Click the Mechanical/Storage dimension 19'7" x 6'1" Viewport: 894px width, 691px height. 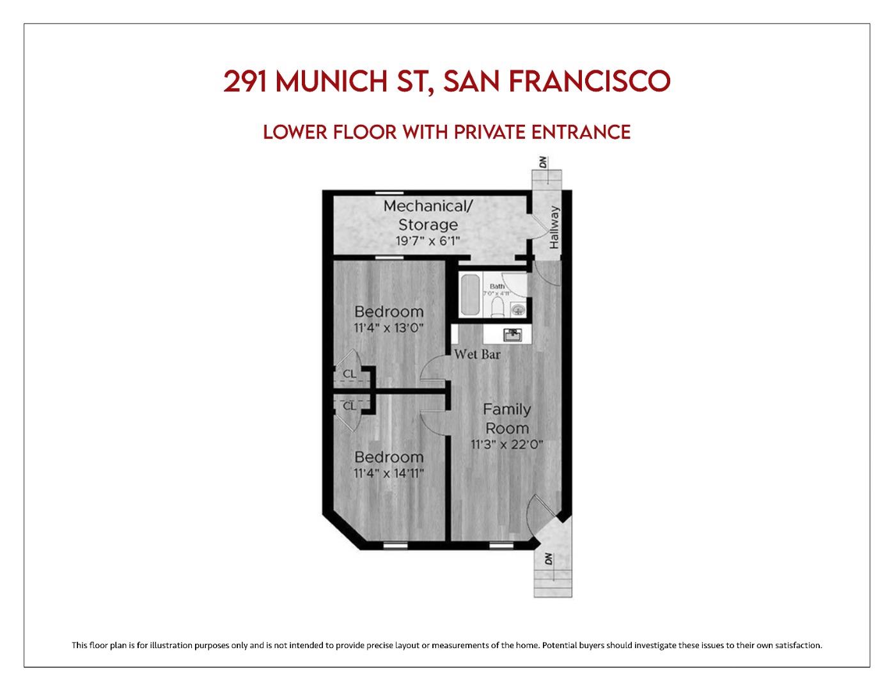(x=428, y=241)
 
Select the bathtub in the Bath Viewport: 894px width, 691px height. (x=471, y=295)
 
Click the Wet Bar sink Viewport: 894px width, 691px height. (x=512, y=334)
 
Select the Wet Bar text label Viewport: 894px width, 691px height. (x=477, y=354)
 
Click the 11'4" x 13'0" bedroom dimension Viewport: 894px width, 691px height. (x=389, y=328)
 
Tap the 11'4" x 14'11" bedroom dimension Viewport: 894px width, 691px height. (x=389, y=473)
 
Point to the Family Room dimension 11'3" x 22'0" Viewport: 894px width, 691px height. (x=506, y=444)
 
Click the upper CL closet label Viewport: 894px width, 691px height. (x=349, y=374)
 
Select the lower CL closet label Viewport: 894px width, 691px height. (x=349, y=406)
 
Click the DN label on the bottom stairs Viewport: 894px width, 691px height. (x=548, y=558)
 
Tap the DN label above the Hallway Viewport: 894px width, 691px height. (x=544, y=163)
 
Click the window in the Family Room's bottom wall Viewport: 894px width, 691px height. (x=497, y=546)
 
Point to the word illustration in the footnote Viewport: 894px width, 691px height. (x=168, y=645)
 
